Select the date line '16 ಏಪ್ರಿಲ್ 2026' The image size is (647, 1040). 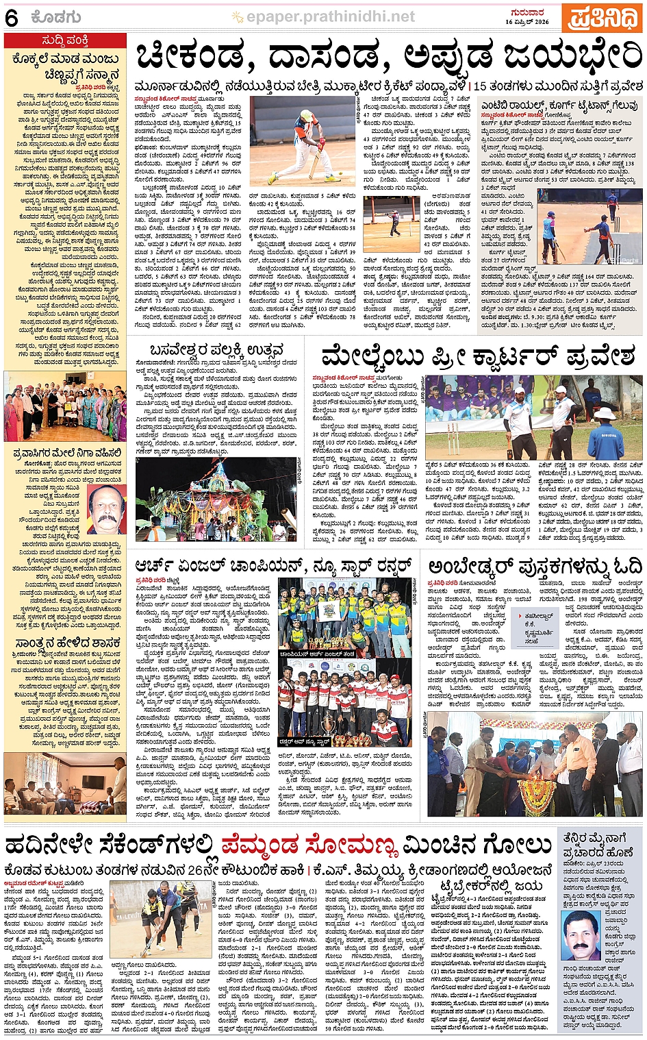pyautogui.click(x=527, y=22)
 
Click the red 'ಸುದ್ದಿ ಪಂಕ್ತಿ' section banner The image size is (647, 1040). pyautogui.click(x=64, y=40)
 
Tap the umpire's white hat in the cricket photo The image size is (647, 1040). pyautogui.click(x=605, y=414)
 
